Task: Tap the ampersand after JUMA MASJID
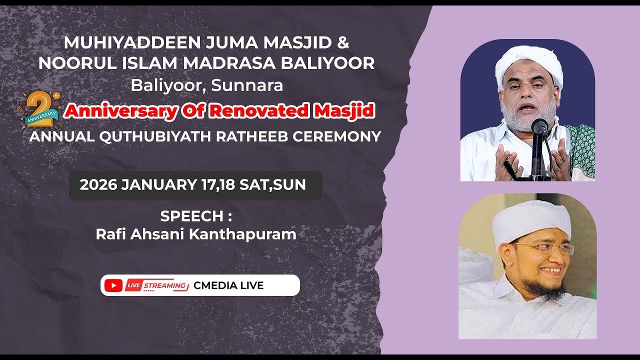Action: (342, 43)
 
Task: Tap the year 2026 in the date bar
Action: (98, 185)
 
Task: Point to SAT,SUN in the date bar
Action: (272, 185)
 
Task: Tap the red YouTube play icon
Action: (114, 285)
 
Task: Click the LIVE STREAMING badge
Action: (156, 285)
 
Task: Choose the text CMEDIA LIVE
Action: (228, 285)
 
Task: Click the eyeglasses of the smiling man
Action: (544, 248)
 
